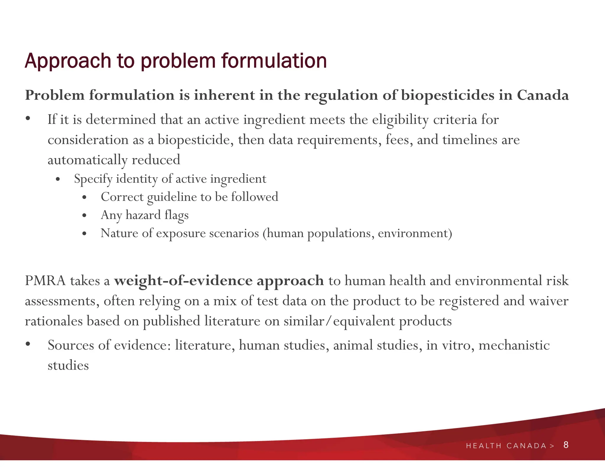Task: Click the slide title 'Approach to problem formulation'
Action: (x=176, y=61)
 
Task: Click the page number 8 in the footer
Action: (x=566, y=445)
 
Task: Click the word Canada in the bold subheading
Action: (x=543, y=95)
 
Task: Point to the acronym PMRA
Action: (x=45, y=280)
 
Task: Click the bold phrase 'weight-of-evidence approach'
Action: (x=219, y=281)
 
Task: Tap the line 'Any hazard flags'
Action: (x=144, y=215)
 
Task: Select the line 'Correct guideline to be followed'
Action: (x=189, y=197)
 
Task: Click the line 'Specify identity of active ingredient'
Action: (x=170, y=179)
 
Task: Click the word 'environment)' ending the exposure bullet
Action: (x=415, y=233)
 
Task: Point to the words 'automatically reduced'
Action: (x=114, y=160)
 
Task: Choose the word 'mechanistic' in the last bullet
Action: (x=514, y=345)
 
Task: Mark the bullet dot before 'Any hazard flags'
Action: (x=84, y=215)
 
